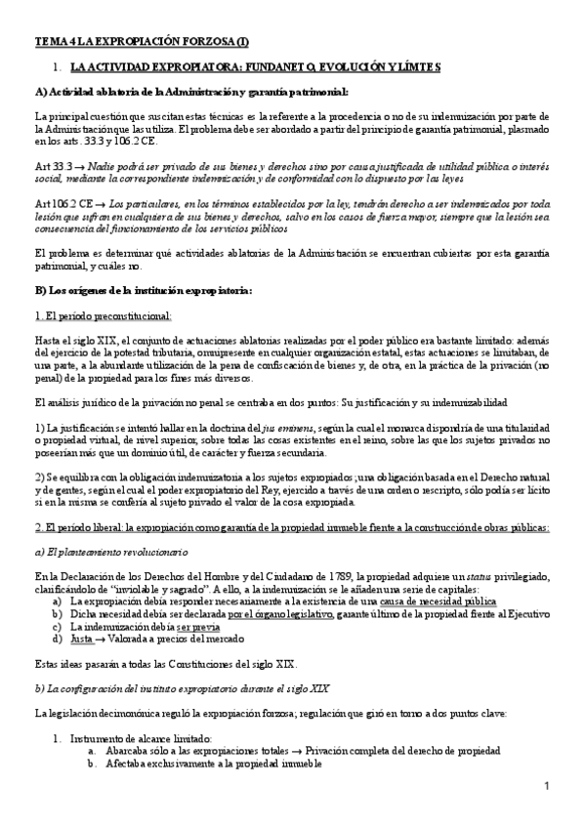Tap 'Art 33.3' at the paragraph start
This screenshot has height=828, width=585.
point(52,168)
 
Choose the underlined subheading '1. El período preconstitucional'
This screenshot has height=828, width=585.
point(103,315)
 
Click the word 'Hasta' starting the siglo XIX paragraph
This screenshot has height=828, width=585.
point(46,339)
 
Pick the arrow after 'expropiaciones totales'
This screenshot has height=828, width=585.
point(297,752)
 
